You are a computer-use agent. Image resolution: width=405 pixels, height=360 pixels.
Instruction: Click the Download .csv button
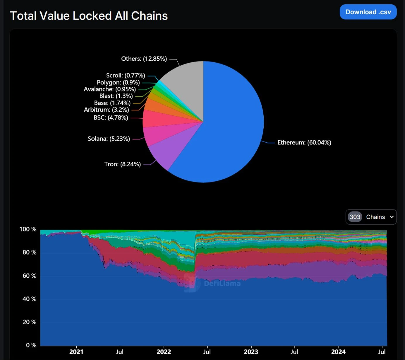point(368,12)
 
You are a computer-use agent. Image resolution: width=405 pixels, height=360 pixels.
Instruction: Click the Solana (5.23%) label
point(109,139)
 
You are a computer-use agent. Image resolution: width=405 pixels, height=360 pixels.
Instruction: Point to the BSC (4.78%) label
point(111,118)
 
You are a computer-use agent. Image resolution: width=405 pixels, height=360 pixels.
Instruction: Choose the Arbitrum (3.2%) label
point(107,110)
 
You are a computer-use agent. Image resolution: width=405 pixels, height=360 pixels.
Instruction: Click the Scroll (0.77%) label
point(126,76)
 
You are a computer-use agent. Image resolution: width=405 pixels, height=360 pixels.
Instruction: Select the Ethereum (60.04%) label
point(304,143)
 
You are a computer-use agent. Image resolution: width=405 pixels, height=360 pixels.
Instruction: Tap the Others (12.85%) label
point(144,59)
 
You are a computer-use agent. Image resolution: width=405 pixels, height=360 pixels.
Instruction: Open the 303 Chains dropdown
point(371,217)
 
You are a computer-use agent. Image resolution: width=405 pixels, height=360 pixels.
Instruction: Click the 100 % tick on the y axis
point(28,229)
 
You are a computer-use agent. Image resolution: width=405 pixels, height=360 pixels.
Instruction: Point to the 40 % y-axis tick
point(29,299)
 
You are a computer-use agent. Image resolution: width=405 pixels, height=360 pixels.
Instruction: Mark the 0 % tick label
point(31,345)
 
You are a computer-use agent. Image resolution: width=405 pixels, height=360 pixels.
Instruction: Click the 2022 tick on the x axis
point(164,352)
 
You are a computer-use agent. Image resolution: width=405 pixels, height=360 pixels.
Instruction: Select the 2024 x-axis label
point(338,352)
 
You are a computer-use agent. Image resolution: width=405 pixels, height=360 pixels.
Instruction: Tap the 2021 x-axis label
point(76,352)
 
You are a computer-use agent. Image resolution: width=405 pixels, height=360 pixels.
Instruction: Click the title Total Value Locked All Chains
point(89,16)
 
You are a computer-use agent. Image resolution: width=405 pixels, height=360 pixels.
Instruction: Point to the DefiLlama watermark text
point(222,284)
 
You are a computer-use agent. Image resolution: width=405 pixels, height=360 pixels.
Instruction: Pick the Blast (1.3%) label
point(116,96)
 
